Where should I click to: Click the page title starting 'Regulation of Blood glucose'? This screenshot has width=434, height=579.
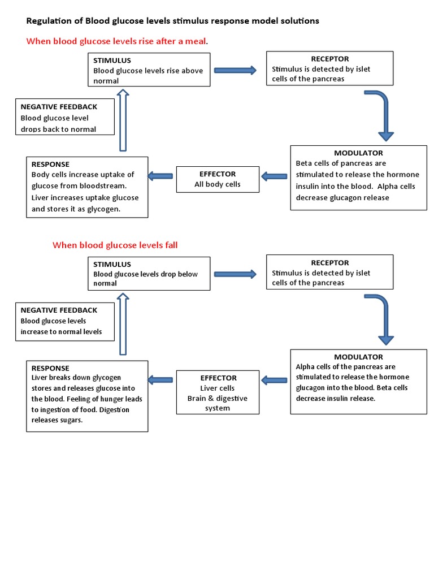pyautogui.click(x=172, y=21)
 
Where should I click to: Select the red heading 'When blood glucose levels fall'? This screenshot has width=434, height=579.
pyautogui.click(x=115, y=245)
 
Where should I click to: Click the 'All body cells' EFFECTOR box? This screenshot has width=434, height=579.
pyautogui.click(x=218, y=179)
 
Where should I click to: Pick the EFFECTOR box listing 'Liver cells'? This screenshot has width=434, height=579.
pyautogui.click(x=218, y=393)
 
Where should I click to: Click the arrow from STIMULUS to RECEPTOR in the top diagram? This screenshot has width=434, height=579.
pyautogui.click(x=235, y=70)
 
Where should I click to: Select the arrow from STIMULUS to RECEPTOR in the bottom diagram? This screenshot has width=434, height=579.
pyautogui.click(x=235, y=274)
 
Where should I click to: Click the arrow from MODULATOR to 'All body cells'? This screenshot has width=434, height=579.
pyautogui.click(x=275, y=176)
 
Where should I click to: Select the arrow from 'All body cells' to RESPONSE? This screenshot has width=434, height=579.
pyautogui.click(x=160, y=176)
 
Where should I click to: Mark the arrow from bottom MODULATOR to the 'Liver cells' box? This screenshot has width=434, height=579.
pyautogui.click(x=275, y=380)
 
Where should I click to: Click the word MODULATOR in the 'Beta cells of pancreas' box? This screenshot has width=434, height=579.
pyautogui.click(x=358, y=153)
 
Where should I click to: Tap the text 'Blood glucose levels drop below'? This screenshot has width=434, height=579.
pyautogui.click(x=145, y=274)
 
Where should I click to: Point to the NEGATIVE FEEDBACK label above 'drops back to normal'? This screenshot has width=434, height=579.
pyautogui.click(x=59, y=107)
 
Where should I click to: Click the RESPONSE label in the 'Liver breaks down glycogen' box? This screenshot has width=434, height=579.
pyautogui.click(x=50, y=368)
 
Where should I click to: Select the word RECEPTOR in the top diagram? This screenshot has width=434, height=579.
pyautogui.click(x=329, y=59)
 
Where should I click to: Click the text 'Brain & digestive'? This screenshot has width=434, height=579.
pyautogui.click(x=218, y=398)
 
